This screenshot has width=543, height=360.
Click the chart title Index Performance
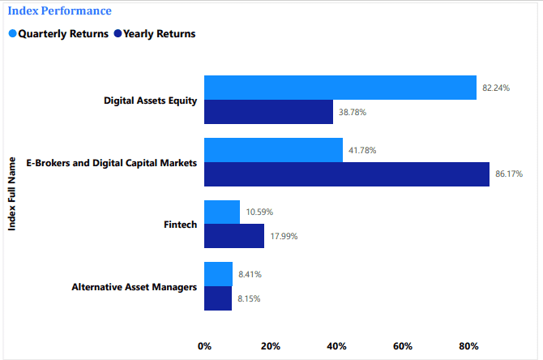60,11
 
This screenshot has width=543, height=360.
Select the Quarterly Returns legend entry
58,34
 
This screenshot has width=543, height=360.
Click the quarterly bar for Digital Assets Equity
340,88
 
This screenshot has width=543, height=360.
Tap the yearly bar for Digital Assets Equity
268,112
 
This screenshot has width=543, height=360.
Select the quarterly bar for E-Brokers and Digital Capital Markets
273,150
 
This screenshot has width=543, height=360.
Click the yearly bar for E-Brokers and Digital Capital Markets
346,174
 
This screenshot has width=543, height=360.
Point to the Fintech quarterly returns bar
222,212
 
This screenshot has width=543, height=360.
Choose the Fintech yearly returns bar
234,236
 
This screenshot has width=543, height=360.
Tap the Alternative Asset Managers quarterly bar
218,274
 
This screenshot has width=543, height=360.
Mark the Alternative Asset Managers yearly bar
218,298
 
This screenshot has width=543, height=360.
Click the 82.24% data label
496,88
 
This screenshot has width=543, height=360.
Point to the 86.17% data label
509,174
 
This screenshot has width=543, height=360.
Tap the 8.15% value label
248,298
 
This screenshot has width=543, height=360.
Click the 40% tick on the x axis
336,346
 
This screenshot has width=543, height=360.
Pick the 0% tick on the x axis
204,346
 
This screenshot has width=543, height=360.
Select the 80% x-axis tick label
468,346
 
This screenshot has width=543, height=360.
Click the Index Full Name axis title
12,193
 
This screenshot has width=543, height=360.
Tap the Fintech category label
181,224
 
